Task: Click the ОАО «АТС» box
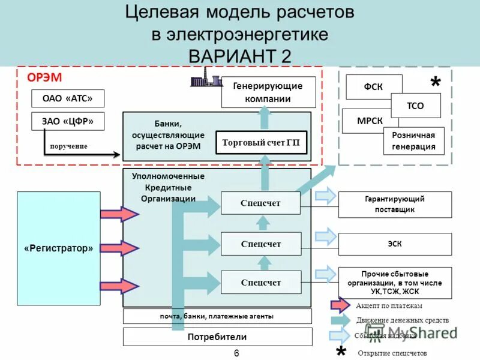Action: [67, 98]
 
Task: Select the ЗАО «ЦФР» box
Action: [67, 121]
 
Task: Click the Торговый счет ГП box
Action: [261, 143]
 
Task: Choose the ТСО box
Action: [416, 106]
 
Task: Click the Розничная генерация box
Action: [414, 141]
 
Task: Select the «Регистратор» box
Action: [59, 248]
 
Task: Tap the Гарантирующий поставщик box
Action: [395, 204]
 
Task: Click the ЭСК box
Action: [395, 244]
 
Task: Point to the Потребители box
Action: [217, 337]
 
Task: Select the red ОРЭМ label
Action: [44, 78]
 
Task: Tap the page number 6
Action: [236, 353]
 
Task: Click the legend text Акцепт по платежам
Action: [393, 305]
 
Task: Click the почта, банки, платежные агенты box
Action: [217, 316]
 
